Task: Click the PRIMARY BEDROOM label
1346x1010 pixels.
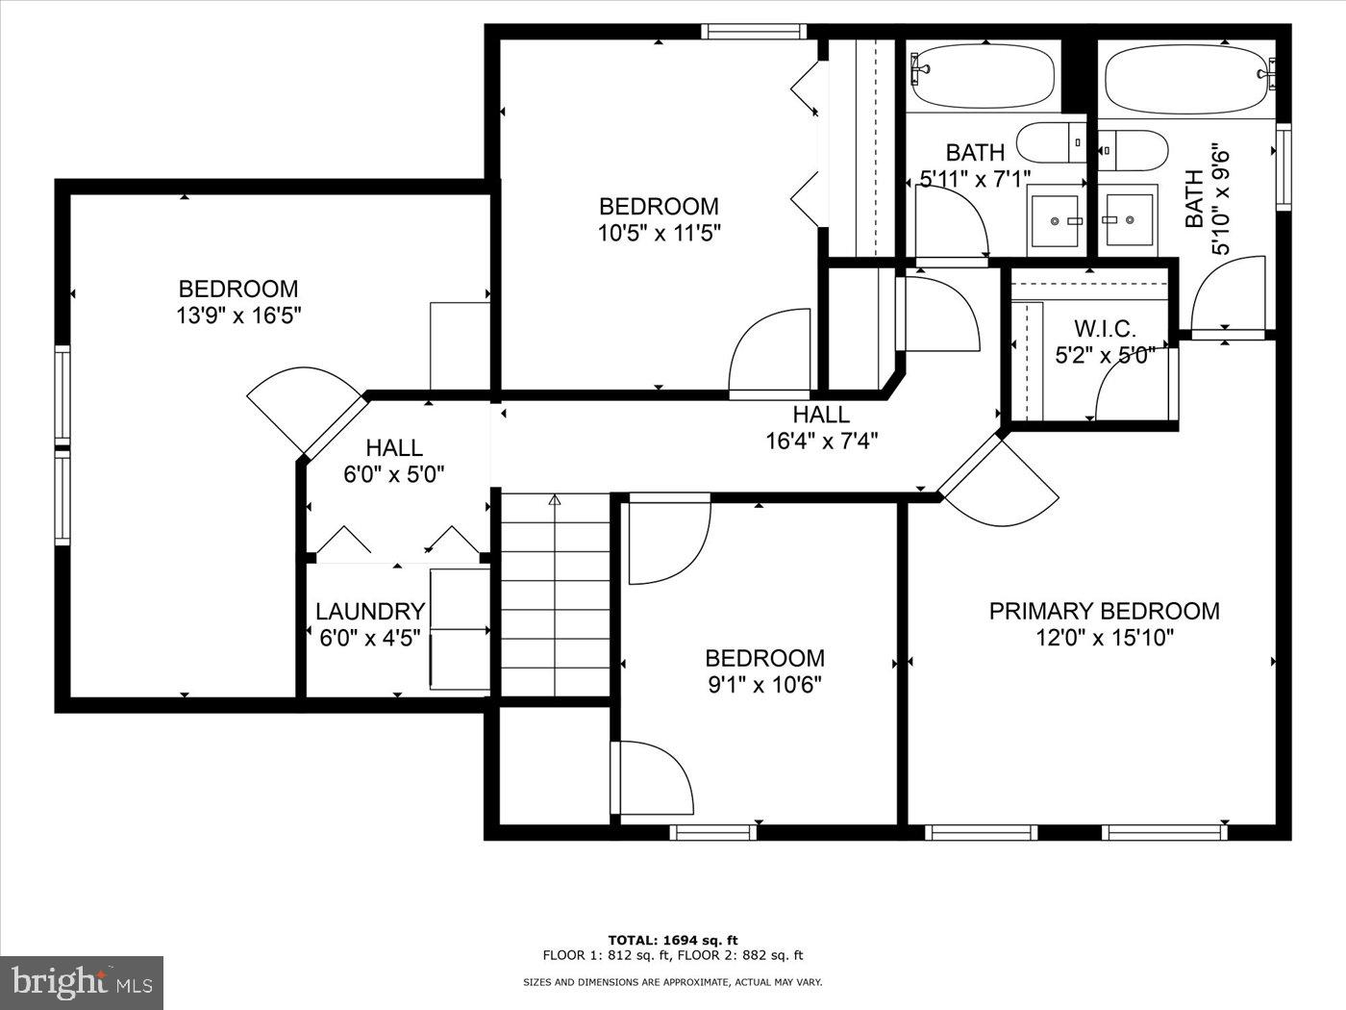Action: click(1105, 611)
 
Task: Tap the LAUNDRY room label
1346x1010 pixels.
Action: click(370, 612)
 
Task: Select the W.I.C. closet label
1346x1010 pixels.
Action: click(1105, 329)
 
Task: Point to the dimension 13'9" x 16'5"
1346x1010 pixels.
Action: click(238, 316)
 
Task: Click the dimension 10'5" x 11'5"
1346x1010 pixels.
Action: click(659, 232)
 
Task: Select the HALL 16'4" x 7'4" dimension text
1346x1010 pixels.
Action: click(821, 442)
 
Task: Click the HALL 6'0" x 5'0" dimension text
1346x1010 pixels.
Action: click(394, 473)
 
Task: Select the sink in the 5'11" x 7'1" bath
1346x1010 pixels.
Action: click(1055, 220)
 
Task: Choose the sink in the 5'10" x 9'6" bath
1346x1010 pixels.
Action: click(1127, 220)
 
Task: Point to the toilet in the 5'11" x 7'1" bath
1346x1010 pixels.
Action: click(1051, 142)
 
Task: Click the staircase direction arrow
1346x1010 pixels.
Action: click(555, 500)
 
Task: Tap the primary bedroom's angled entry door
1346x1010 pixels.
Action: click(1000, 481)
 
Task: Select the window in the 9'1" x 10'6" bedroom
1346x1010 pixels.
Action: click(712, 831)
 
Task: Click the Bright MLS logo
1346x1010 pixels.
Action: click(82, 981)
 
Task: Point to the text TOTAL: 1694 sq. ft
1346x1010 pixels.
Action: click(672, 940)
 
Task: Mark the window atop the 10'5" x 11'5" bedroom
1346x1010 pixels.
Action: click(753, 32)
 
